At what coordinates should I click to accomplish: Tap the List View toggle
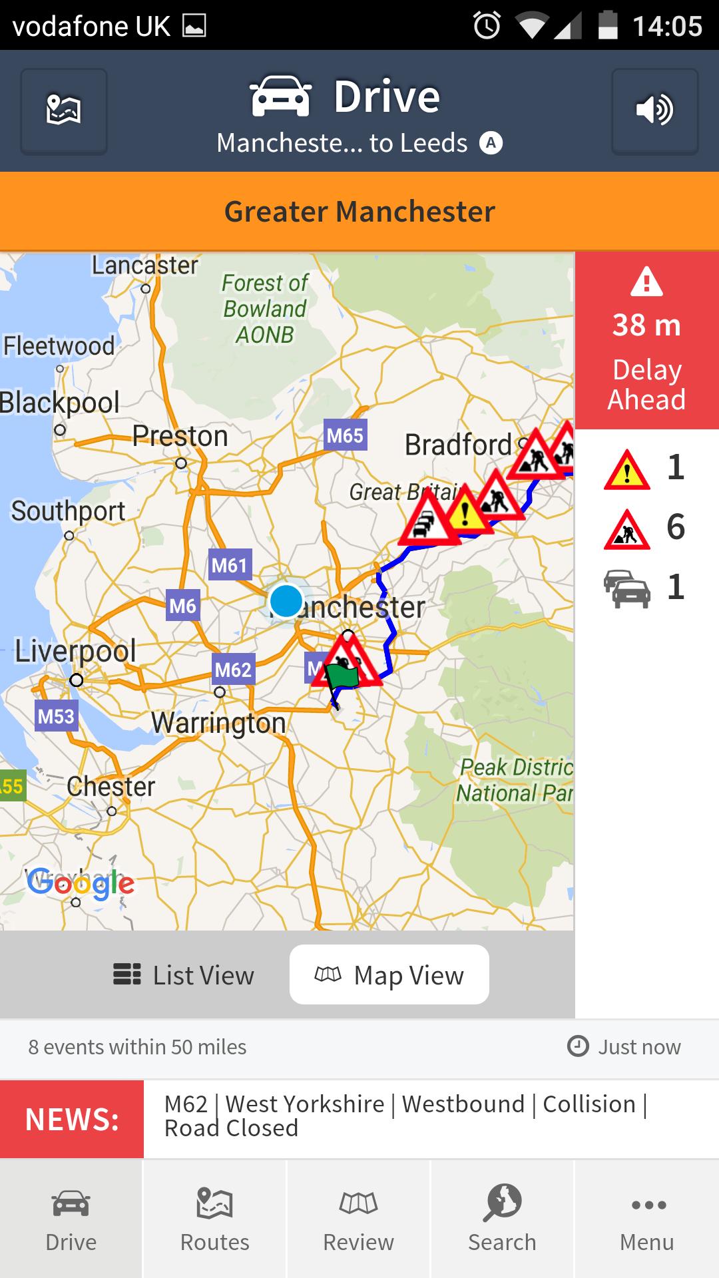[184, 975]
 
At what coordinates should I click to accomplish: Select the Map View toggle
[389, 975]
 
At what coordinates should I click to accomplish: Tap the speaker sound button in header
[654, 110]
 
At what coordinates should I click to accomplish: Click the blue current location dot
[286, 600]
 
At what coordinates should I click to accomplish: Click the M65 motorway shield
[345, 436]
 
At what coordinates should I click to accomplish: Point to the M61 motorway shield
[229, 566]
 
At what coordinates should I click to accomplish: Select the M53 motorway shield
[56, 716]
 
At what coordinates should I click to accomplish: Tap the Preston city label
[180, 437]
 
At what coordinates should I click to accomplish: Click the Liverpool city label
[75, 651]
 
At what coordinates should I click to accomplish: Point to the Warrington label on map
[218, 723]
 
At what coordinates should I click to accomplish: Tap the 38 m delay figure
[646, 325]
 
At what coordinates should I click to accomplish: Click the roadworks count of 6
[675, 527]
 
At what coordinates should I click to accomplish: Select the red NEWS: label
[72, 1120]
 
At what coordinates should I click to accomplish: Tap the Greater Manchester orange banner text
[359, 212]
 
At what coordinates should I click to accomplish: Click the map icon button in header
[64, 110]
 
